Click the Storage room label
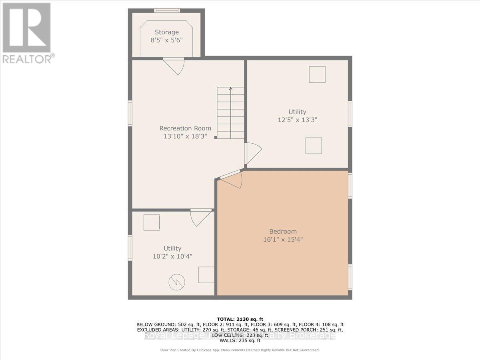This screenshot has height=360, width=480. click(x=167, y=32)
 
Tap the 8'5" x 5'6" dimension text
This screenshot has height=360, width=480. click(x=167, y=40)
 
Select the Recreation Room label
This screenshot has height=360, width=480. click(x=185, y=128)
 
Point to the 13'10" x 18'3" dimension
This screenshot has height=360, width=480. click(x=185, y=136)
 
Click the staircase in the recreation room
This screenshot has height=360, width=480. click(x=231, y=113)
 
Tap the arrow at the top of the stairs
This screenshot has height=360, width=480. click(x=231, y=90)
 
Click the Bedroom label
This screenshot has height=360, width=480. click(x=283, y=231)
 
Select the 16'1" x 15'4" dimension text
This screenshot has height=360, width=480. click(x=283, y=239)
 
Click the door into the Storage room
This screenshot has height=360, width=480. click(x=174, y=66)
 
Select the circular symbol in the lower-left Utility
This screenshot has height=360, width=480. click(x=177, y=283)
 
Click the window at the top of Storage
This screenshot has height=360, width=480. click(x=167, y=10)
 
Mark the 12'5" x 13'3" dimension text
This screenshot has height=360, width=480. click(x=298, y=120)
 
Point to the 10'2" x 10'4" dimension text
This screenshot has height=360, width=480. click(x=172, y=256)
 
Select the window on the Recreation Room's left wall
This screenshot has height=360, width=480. click(x=130, y=113)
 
